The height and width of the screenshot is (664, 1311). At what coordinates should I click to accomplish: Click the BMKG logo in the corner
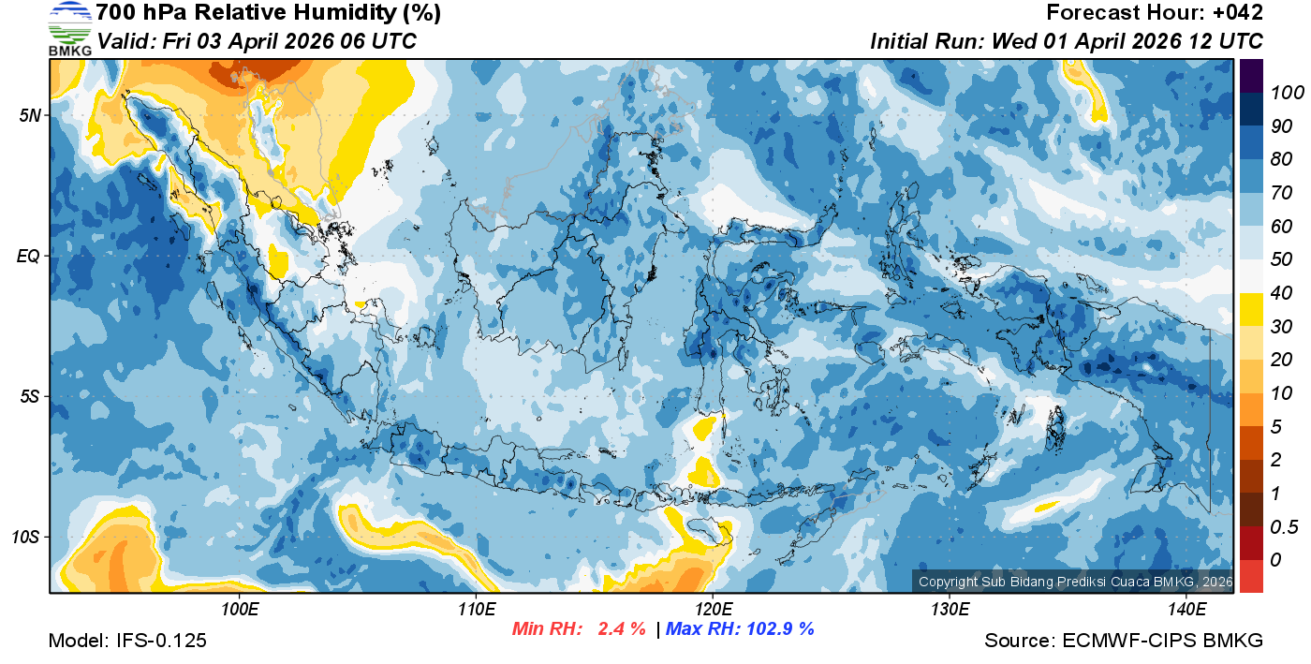pos(69,29)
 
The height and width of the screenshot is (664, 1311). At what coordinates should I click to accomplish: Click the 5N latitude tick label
pos(29,115)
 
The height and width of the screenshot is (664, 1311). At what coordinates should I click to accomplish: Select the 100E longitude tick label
pos(240,610)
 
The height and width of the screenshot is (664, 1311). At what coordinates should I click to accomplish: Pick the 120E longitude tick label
pos(713,610)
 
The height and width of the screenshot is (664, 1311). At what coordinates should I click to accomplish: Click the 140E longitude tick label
pos(1186,610)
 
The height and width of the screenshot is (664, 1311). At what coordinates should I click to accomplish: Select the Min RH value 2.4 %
pos(622,628)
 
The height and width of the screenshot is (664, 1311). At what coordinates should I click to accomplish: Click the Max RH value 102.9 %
pos(778,628)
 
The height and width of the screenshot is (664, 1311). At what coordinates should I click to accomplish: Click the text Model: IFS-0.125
pos(127,642)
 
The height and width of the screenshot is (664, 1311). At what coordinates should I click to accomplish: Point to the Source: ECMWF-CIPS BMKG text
pos(1124,642)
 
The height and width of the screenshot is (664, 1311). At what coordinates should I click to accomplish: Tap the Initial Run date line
pos(1067,41)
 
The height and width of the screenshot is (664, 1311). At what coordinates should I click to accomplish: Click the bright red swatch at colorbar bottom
pos(1251,576)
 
